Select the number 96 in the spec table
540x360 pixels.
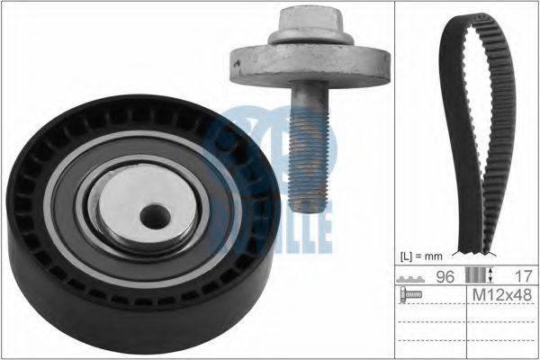coord(443,277)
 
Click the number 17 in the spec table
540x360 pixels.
coord(513,277)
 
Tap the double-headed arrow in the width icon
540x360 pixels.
coord(490,277)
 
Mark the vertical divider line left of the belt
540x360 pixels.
coord(397,180)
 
